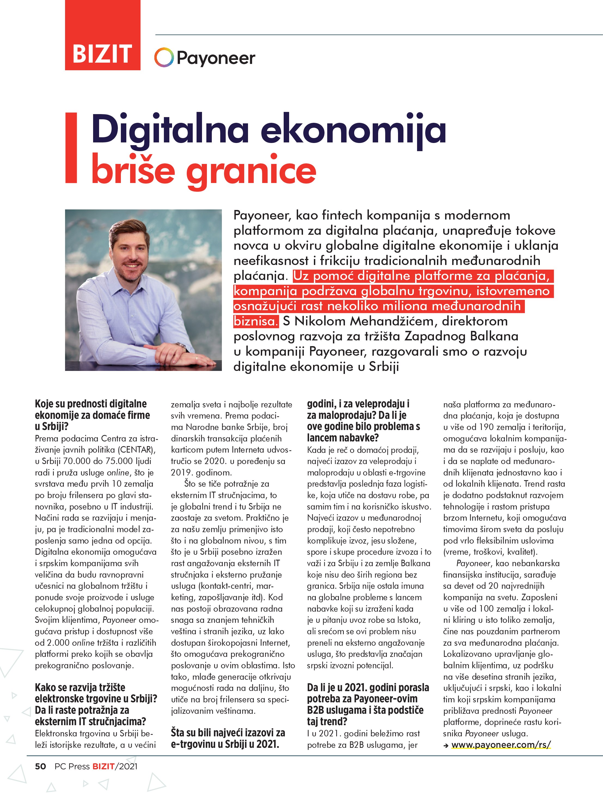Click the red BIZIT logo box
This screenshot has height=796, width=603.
point(103,35)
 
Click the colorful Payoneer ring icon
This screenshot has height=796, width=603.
point(164,57)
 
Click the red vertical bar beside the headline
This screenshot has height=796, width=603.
point(71,148)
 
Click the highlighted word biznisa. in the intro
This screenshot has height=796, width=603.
point(256,321)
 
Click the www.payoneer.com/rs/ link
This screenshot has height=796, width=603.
point(501,745)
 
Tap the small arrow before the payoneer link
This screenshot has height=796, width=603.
point(446,745)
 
